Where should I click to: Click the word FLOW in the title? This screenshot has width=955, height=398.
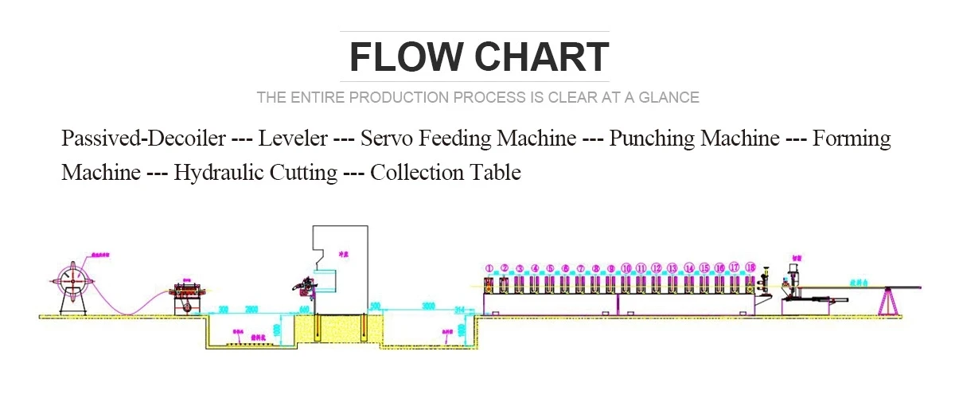[x=406, y=57]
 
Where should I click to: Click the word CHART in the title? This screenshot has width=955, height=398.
[x=540, y=57]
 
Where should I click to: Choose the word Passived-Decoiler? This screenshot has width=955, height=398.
[x=143, y=139]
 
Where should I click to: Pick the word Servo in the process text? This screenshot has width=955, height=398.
[x=387, y=139]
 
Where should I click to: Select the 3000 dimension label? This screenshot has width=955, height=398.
[x=428, y=306]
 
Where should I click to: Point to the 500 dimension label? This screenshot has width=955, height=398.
[x=376, y=306]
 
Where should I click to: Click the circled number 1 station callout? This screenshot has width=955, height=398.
[x=489, y=268]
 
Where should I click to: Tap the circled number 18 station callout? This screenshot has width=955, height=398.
[x=750, y=267]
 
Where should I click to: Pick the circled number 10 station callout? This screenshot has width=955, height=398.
[x=626, y=268]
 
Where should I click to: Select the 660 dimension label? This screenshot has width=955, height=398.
[x=304, y=307]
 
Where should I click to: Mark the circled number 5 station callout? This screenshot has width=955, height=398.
[x=550, y=268]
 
